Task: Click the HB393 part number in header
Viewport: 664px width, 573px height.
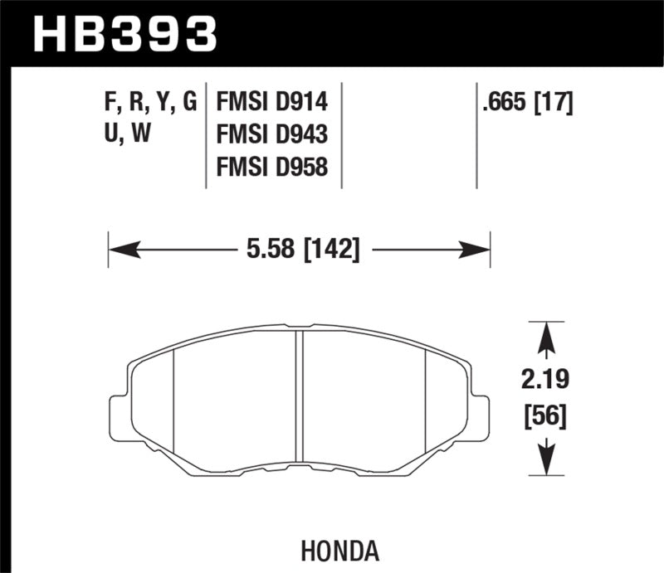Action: pos(124,34)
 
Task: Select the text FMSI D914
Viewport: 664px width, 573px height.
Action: pos(272,103)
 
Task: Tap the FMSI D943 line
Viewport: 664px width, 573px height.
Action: pos(272,134)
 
